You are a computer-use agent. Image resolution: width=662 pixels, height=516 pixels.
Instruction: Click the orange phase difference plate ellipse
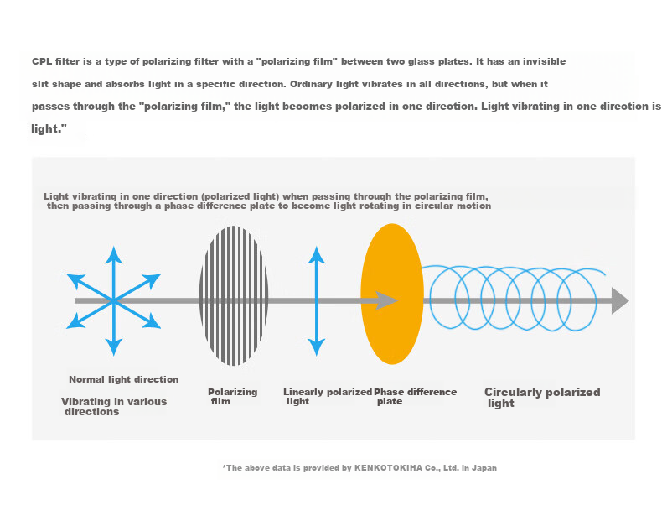(x=392, y=294)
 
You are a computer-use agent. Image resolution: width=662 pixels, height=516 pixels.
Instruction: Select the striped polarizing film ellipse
(x=234, y=295)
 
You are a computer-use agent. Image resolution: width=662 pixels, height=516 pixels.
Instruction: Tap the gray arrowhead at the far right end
(x=620, y=301)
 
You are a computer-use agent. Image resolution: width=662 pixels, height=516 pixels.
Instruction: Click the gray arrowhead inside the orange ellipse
(x=387, y=300)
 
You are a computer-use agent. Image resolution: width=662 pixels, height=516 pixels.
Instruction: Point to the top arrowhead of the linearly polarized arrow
(x=316, y=255)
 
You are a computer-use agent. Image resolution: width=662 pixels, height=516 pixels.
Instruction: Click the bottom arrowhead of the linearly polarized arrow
(x=316, y=347)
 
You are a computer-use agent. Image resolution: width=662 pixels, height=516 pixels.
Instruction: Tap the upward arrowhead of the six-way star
(x=114, y=255)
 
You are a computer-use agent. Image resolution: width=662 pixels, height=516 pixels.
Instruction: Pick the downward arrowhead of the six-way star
(x=114, y=347)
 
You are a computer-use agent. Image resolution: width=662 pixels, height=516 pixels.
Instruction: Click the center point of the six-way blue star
(x=114, y=301)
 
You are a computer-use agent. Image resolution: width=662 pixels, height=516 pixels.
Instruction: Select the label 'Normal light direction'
(x=124, y=379)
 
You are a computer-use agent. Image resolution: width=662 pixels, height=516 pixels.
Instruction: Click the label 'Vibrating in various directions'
(x=114, y=407)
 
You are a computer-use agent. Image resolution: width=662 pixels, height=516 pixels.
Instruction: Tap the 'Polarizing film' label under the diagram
(x=233, y=397)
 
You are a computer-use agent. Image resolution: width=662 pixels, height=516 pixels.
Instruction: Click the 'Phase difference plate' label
(x=416, y=397)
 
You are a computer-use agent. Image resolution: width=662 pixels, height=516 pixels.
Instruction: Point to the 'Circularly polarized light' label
(x=542, y=398)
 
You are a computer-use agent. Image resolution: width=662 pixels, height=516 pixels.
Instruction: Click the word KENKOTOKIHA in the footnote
(x=389, y=468)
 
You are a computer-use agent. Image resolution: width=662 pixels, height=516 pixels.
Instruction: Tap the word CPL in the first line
(x=42, y=61)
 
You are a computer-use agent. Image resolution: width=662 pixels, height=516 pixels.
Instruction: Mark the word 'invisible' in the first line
(x=544, y=61)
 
